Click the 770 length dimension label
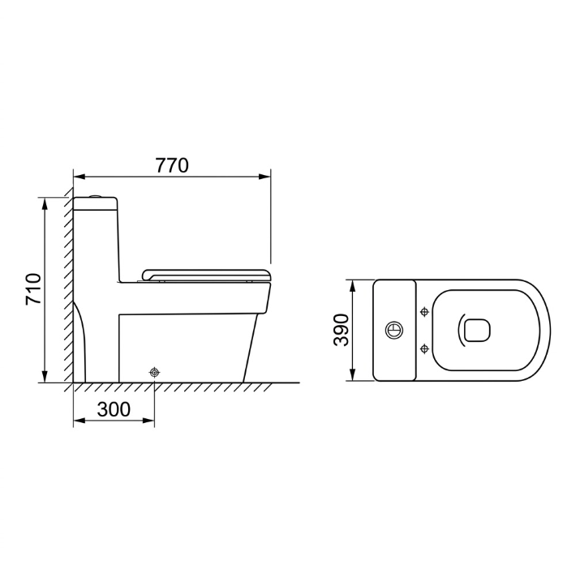tap(172, 165)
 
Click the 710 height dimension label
tap(33, 289)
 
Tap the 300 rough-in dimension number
tap(114, 409)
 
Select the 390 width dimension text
tap(341, 330)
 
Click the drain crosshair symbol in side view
tap(154, 372)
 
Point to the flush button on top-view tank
tap(394, 330)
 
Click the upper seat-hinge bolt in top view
tap(424, 312)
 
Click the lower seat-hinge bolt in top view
tap(424, 348)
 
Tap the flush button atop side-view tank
tap(97, 195)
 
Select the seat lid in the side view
tap(206, 276)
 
